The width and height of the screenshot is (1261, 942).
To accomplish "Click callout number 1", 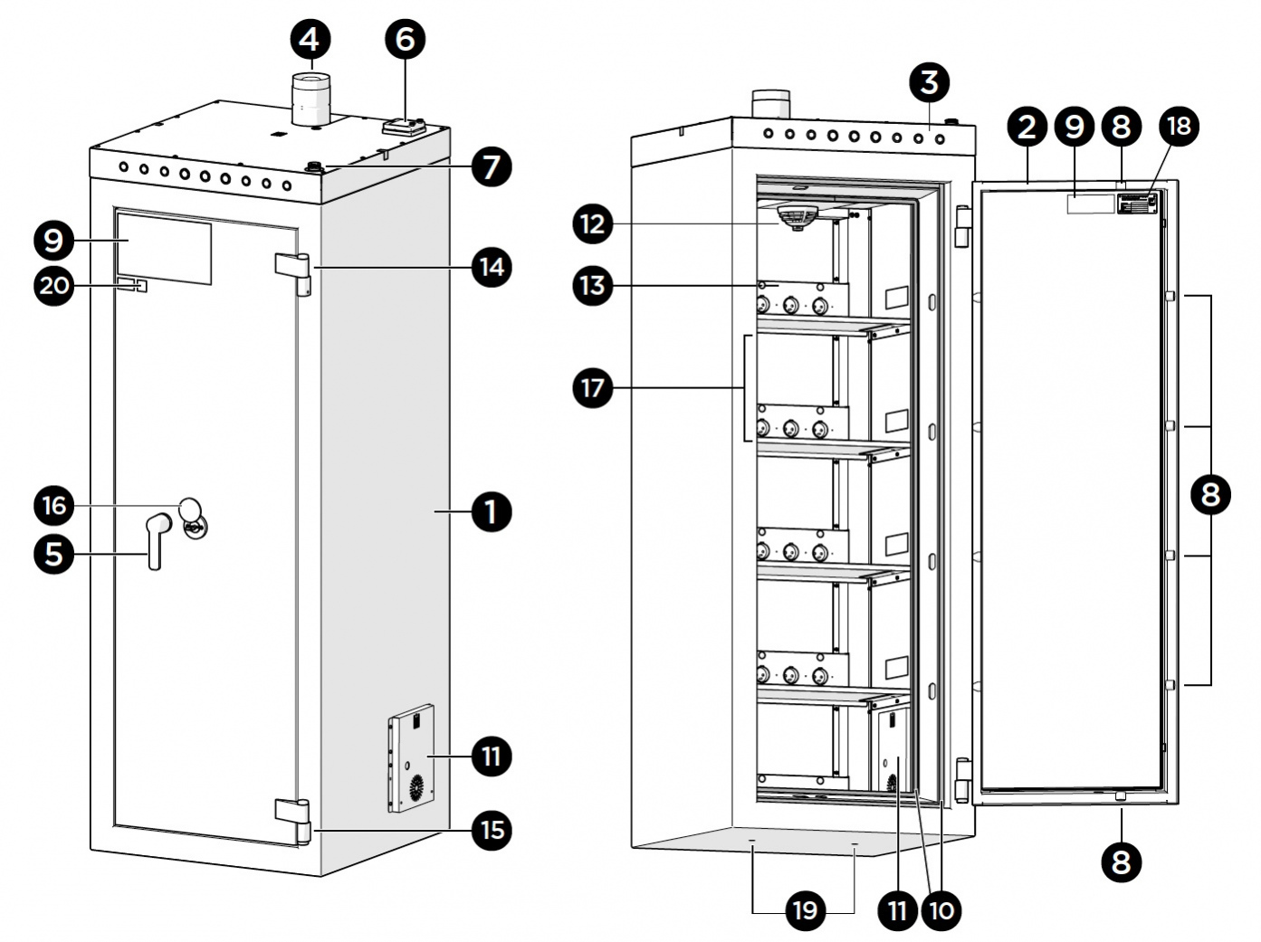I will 491,512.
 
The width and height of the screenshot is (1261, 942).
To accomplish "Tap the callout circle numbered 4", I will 310,39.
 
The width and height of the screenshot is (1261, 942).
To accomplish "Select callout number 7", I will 491,167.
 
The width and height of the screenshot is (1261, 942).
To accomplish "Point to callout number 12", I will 593,224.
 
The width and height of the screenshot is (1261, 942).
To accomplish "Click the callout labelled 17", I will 593,388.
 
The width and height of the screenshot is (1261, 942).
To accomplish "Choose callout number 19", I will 805,909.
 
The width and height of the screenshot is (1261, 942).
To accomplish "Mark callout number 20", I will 54,286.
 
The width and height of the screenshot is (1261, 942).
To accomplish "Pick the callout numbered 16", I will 54,505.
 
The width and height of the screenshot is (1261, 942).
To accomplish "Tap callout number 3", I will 929,82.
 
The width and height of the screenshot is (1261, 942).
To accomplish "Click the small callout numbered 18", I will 1180,126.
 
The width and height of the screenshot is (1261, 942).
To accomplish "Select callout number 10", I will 941,909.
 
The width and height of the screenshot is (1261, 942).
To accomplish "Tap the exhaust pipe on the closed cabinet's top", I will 310,100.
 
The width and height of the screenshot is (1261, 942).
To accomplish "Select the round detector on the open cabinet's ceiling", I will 797,217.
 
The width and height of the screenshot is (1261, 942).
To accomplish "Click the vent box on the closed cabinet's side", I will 412,758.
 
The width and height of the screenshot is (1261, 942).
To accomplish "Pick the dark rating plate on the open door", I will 1137,204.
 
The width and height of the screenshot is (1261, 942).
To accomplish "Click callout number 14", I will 491,267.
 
